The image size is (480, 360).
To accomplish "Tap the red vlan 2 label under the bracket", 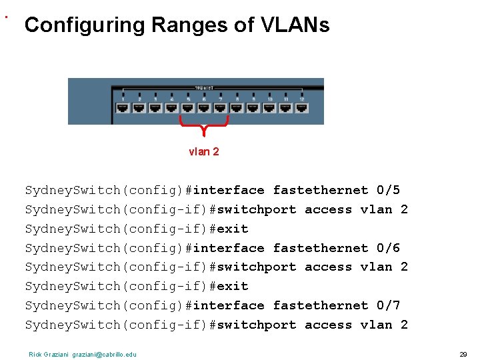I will (x=204, y=151).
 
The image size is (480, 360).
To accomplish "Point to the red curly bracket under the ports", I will (x=204, y=123).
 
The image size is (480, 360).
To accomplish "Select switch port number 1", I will (x=123, y=107).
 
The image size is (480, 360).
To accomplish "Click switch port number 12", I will (x=302, y=107).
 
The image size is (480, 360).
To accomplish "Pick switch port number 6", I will (x=204, y=107).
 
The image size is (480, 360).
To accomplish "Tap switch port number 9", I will (x=253, y=107).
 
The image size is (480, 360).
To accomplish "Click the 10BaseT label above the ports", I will (x=204, y=87).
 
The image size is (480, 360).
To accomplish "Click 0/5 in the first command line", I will (x=388, y=191).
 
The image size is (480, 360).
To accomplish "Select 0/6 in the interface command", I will (x=388, y=248).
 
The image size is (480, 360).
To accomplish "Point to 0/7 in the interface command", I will (x=388, y=305).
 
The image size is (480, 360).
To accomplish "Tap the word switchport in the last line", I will (x=257, y=325).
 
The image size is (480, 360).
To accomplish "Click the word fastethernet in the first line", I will (x=320, y=191).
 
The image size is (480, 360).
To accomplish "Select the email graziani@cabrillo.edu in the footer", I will (x=105, y=354).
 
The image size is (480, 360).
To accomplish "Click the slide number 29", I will (x=463, y=354).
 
